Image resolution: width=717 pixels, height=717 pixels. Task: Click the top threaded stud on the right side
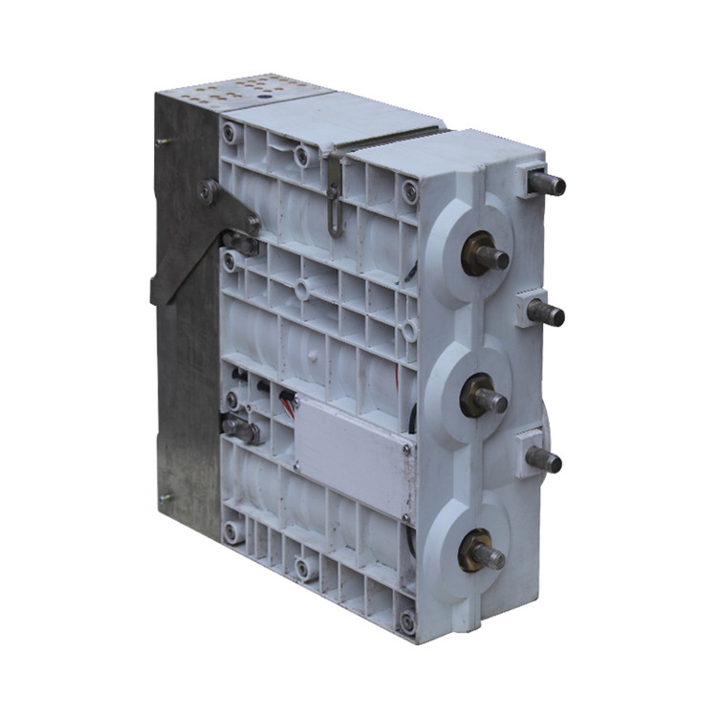click(547, 182)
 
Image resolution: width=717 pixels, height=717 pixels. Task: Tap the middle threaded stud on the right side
click(547, 313)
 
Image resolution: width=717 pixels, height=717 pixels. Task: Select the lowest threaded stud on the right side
click(544, 461)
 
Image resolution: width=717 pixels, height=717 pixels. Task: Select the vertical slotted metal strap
click(334, 197)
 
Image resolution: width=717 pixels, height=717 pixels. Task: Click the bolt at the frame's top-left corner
click(230, 133)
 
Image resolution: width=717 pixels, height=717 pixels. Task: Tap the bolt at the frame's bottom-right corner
click(408, 622)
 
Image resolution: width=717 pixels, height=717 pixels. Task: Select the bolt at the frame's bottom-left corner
click(231, 529)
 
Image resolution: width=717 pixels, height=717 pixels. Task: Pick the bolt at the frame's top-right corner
click(410, 191)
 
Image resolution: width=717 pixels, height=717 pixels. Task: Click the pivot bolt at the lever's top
click(206, 192)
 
